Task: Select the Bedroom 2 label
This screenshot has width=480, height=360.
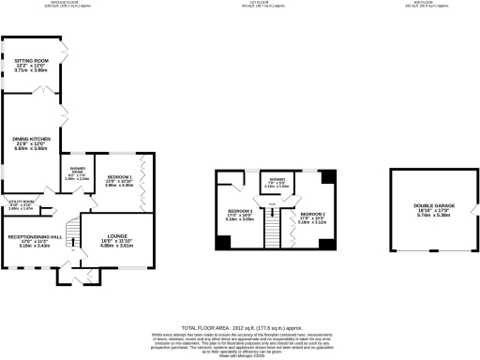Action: tap(312, 217)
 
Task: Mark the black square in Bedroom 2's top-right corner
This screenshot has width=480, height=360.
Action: tap(327, 176)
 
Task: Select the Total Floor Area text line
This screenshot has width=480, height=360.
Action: tap(240, 317)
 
